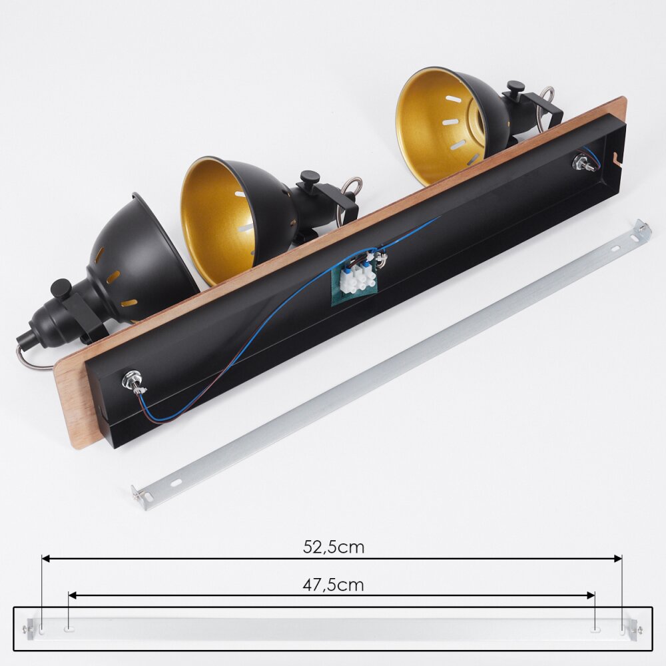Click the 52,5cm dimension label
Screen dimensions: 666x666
click(x=334, y=547)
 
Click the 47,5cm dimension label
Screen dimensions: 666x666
click(x=334, y=585)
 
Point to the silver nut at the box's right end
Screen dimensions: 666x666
click(x=579, y=162)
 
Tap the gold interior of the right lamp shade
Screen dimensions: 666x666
click(x=438, y=127)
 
